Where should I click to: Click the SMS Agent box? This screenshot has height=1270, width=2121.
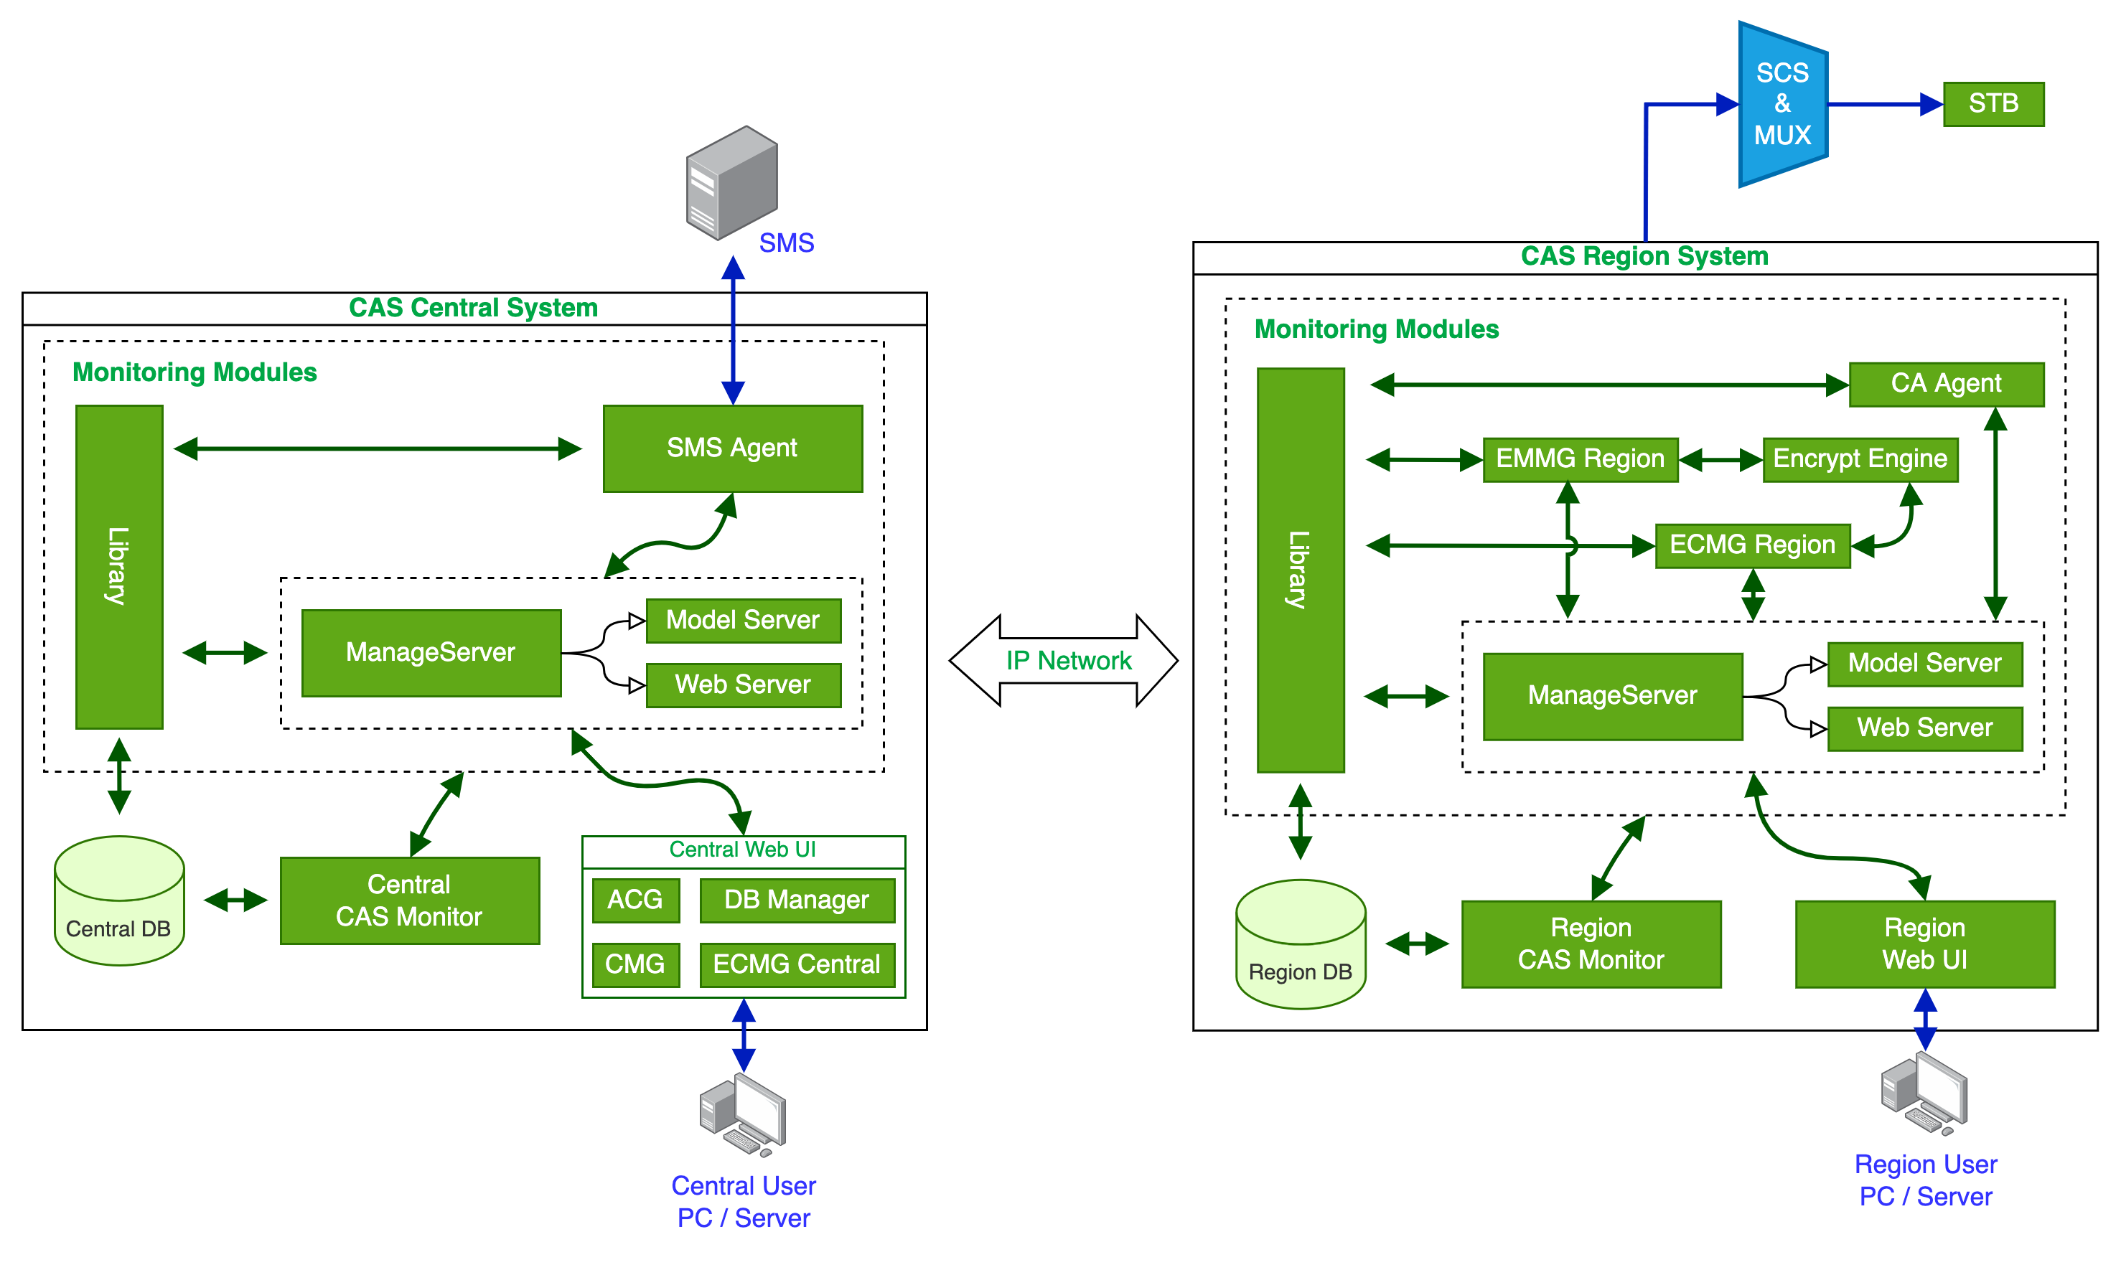click(732, 448)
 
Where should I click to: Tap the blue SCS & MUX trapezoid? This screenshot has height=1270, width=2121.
click(1782, 105)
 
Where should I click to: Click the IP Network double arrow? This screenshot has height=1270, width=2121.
click(1063, 660)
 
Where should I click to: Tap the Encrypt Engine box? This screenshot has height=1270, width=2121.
click(1859, 459)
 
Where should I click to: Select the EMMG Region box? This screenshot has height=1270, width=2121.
click(1579, 459)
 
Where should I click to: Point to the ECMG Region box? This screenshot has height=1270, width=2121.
click(1751, 545)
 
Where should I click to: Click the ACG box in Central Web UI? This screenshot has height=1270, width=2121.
click(635, 900)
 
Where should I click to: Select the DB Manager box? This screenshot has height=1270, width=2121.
click(796, 900)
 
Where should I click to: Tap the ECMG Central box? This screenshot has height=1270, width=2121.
click(796, 964)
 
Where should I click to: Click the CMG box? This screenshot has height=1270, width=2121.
click(635, 964)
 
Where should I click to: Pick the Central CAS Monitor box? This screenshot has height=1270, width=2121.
click(409, 900)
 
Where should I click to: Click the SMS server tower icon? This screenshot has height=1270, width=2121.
click(732, 182)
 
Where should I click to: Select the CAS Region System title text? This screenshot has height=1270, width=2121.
click(1644, 257)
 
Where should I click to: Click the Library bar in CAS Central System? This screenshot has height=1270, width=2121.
click(119, 567)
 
